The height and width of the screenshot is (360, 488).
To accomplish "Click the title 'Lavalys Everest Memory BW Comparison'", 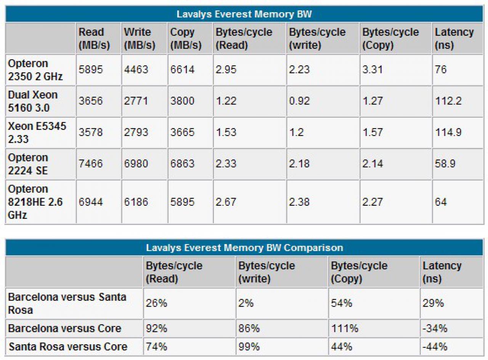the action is click(x=244, y=248).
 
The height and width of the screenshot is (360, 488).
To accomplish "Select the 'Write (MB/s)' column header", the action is click(x=140, y=38).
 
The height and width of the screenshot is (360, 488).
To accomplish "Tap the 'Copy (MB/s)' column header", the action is click(x=186, y=38).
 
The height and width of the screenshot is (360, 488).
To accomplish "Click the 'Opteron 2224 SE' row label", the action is click(x=28, y=164).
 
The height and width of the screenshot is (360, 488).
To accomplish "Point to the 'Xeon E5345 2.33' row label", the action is click(x=37, y=133).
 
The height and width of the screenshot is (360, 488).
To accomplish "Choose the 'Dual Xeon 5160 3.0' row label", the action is click(x=33, y=101).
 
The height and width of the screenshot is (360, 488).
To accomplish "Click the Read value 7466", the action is click(x=91, y=163).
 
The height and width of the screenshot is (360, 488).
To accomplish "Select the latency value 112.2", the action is click(x=448, y=101).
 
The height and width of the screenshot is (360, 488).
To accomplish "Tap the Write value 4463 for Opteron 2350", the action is click(x=136, y=69).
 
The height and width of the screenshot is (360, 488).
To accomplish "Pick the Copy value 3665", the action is click(x=182, y=133).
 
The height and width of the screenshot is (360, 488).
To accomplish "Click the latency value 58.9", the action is click(x=445, y=163).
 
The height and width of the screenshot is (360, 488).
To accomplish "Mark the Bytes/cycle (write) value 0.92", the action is click(x=299, y=101).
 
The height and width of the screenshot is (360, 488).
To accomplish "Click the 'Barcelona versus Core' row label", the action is click(x=65, y=328).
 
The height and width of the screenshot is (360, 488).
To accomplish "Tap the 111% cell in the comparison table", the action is click(x=345, y=328).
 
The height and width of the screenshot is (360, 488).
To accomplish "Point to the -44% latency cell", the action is click(x=435, y=347).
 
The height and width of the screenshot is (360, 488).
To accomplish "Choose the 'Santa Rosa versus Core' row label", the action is click(x=68, y=347).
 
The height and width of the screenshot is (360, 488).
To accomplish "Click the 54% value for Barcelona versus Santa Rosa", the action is click(x=342, y=303).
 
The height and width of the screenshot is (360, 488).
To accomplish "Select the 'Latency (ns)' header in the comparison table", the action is click(x=442, y=272).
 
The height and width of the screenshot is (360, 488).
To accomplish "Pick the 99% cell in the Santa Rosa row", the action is click(x=249, y=347).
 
